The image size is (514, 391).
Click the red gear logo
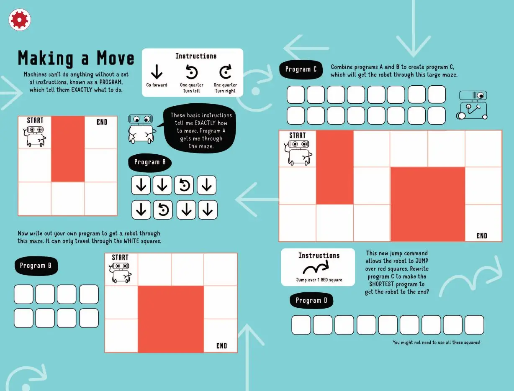(x=20, y=20)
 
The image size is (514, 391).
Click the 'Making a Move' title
(x=76, y=59)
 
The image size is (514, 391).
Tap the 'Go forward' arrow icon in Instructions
(x=157, y=72)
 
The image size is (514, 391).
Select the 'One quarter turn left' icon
(x=191, y=72)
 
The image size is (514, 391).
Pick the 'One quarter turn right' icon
(x=225, y=72)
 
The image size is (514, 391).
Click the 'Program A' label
(x=150, y=163)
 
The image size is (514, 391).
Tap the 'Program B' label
(x=36, y=266)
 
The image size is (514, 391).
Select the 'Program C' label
(x=301, y=69)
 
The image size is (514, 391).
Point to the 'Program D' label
(x=311, y=301)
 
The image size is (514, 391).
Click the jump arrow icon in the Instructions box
(x=316, y=267)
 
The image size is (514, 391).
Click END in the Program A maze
(x=102, y=122)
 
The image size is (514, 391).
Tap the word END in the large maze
(x=482, y=236)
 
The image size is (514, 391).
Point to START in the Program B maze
(x=120, y=258)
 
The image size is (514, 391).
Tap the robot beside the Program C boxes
(x=472, y=105)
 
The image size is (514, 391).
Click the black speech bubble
(x=199, y=129)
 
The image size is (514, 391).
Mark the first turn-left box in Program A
(x=184, y=185)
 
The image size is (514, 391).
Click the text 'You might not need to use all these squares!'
(x=437, y=342)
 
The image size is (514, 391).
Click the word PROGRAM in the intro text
(x=111, y=82)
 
